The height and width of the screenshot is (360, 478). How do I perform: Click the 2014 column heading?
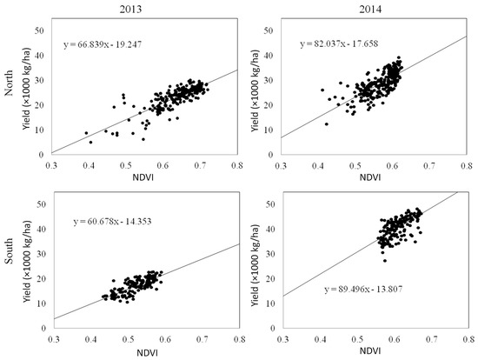(x=374, y=7)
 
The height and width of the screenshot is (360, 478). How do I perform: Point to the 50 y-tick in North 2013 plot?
(x=38, y=30)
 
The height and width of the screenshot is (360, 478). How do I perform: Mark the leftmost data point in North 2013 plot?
(x=85, y=133)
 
